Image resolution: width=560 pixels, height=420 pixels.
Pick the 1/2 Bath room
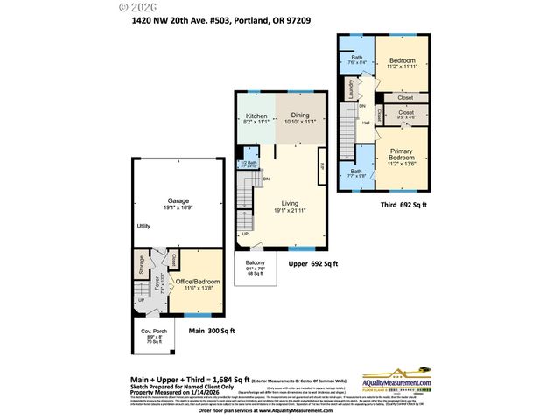(249, 164)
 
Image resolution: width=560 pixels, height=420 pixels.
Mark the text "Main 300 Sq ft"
(212, 331)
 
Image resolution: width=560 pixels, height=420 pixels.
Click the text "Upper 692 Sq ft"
(313, 262)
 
